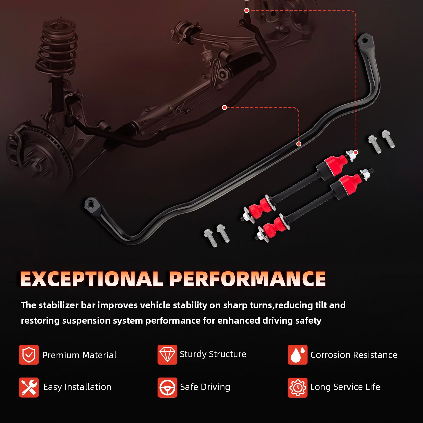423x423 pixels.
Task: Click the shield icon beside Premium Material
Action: click(29, 355)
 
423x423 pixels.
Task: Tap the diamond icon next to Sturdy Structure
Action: click(167, 355)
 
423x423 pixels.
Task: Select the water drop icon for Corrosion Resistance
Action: click(297, 355)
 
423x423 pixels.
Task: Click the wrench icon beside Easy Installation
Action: click(29, 387)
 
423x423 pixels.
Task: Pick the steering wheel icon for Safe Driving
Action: click(167, 387)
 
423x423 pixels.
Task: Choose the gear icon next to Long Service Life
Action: click(297, 387)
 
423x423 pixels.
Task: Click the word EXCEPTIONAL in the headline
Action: click(91, 279)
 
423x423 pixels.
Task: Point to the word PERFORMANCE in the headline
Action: click(248, 279)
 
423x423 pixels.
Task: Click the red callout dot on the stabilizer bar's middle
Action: click(299, 144)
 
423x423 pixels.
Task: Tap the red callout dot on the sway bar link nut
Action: click(356, 152)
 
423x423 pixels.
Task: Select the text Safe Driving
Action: click(205, 387)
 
